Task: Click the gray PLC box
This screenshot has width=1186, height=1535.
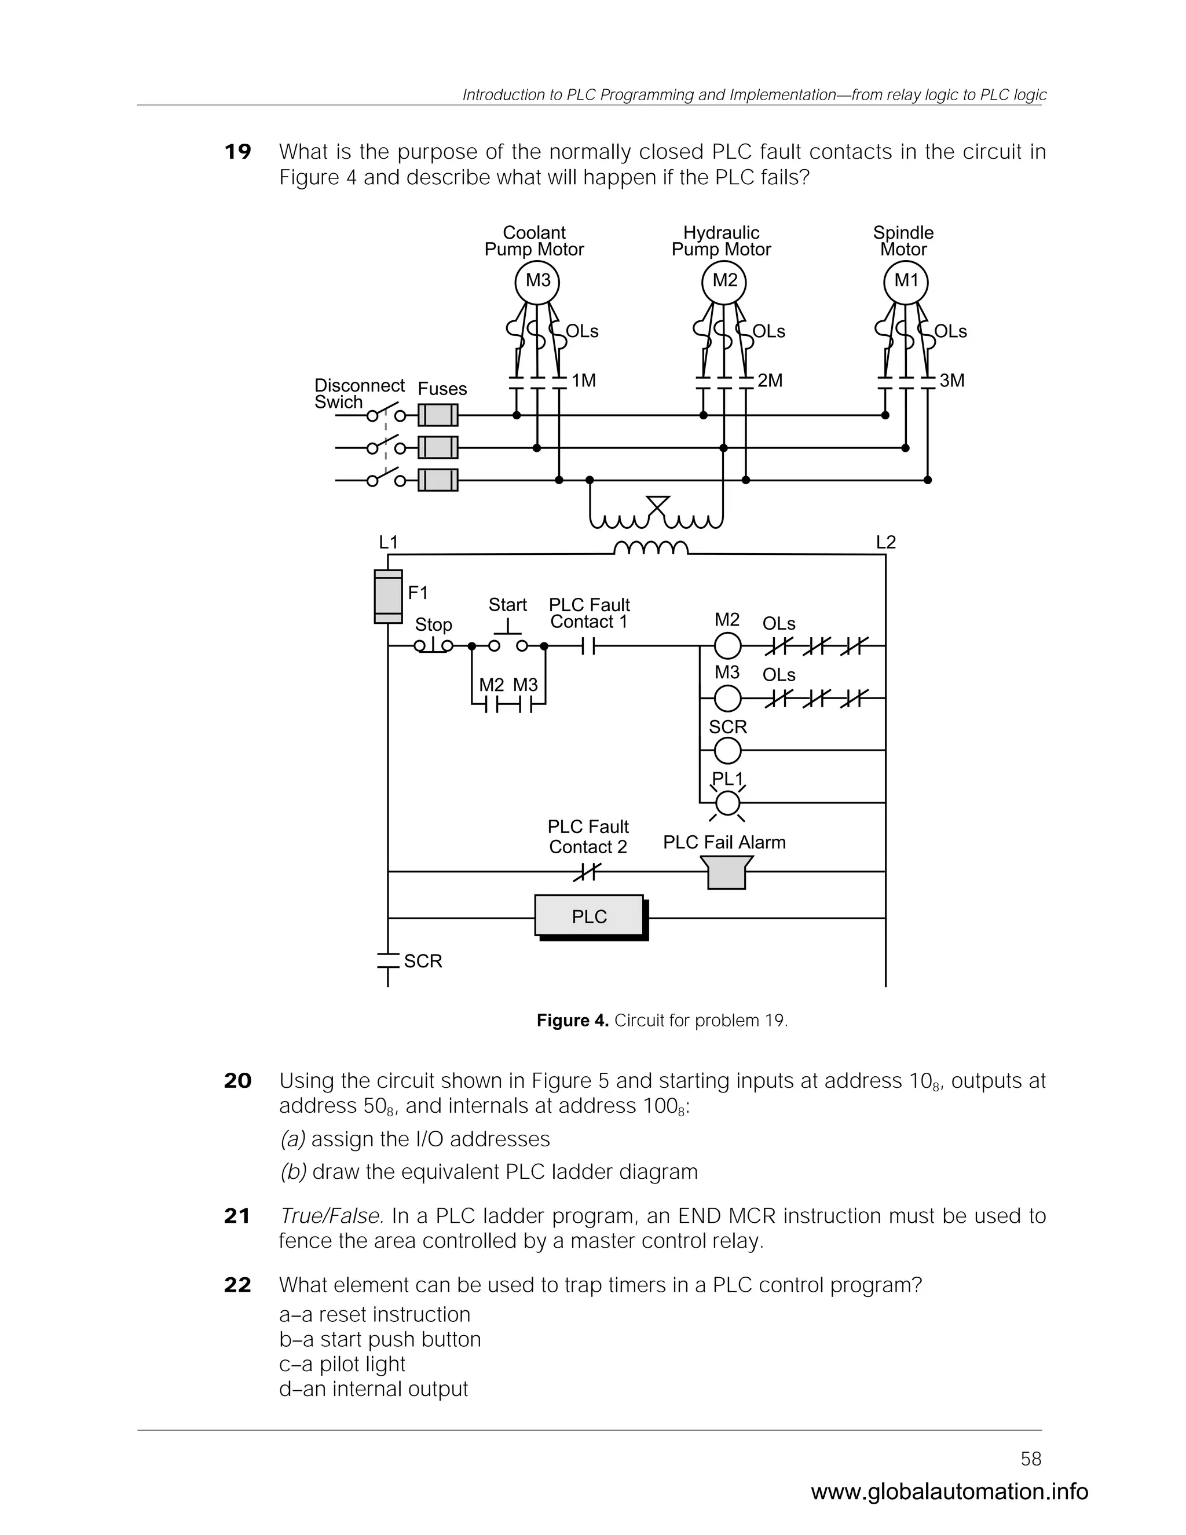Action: click(589, 916)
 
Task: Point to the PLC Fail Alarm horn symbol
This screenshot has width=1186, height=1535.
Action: click(727, 872)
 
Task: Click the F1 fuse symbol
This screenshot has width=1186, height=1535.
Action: click(389, 597)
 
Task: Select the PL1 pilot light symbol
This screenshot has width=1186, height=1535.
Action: click(727, 802)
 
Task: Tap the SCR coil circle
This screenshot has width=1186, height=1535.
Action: click(727, 751)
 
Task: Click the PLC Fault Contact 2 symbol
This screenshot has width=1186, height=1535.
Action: click(587, 872)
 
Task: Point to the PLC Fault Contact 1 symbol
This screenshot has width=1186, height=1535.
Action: click(589, 645)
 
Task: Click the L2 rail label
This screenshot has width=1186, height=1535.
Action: click(885, 543)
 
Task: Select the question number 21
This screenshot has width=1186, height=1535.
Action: click(237, 1216)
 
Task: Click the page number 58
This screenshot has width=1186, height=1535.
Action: click(1031, 1459)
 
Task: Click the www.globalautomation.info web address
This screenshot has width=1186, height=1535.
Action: click(949, 1492)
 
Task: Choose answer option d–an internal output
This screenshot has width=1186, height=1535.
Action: click(373, 1389)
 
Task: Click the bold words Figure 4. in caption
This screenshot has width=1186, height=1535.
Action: click(572, 1021)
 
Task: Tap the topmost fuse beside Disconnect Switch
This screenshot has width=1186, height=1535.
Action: click(438, 415)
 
